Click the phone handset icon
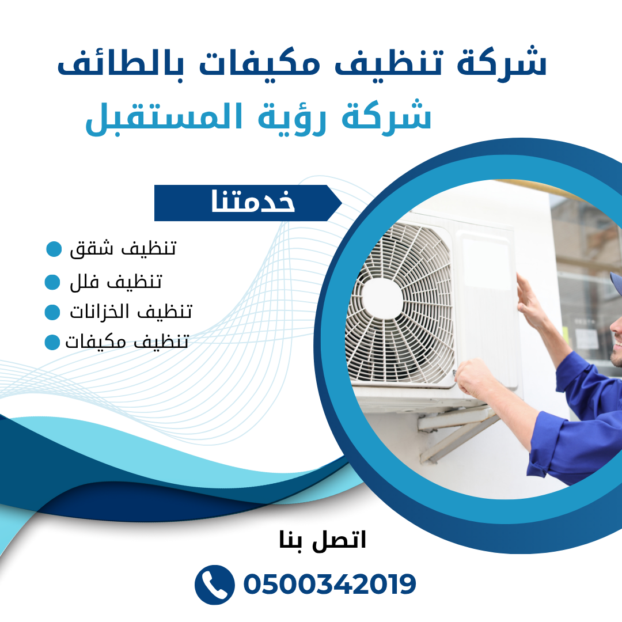pos(215,585)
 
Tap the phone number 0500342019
pos(329,585)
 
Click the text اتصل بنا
pos(323,540)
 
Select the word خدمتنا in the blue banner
pos(253,201)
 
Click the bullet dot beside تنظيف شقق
pos(54,249)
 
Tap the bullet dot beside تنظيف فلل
pos(52,282)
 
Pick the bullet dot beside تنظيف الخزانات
pos(52,312)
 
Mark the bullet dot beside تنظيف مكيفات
pos(52,342)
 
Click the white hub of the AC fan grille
pos(382,298)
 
